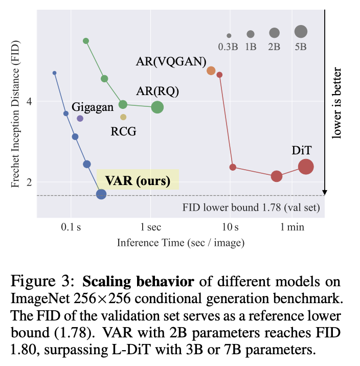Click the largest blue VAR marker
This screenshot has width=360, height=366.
click(x=101, y=194)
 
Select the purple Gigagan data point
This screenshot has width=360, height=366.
click(x=80, y=118)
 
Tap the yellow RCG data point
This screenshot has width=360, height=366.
click(x=123, y=117)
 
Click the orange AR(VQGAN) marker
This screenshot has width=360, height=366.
click(x=211, y=71)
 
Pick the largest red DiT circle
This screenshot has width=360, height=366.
click(x=306, y=167)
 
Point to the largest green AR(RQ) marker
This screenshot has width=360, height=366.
click(x=157, y=107)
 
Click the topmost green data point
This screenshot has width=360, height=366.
click(x=86, y=41)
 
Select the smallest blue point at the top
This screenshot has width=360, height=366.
click(x=55, y=73)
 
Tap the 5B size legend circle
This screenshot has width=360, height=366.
click(x=301, y=32)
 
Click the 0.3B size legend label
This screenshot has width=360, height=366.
click(x=229, y=47)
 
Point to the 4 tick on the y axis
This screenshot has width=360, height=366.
click(x=29, y=101)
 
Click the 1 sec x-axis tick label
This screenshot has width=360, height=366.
click(x=150, y=226)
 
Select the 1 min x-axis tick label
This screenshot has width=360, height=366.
click(x=292, y=226)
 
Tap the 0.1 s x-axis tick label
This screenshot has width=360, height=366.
click(x=71, y=226)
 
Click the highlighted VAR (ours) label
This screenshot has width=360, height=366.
click(x=138, y=180)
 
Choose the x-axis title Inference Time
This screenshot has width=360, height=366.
click(x=180, y=242)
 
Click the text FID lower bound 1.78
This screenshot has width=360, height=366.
click(x=251, y=208)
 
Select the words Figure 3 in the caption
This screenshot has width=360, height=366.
click(x=43, y=282)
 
